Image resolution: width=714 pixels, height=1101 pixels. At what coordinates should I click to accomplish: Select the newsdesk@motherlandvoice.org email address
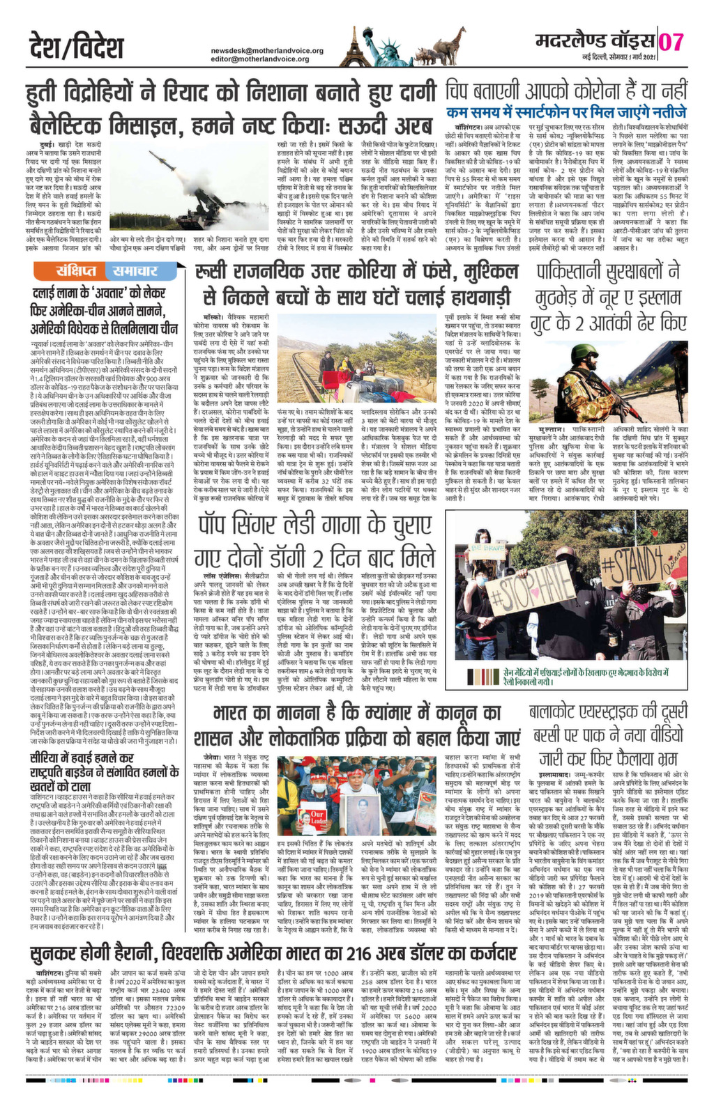(x=267, y=51)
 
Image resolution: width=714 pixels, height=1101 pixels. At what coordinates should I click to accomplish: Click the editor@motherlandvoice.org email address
(x=260, y=59)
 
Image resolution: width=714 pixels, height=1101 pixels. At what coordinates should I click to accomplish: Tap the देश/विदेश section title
(x=77, y=46)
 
